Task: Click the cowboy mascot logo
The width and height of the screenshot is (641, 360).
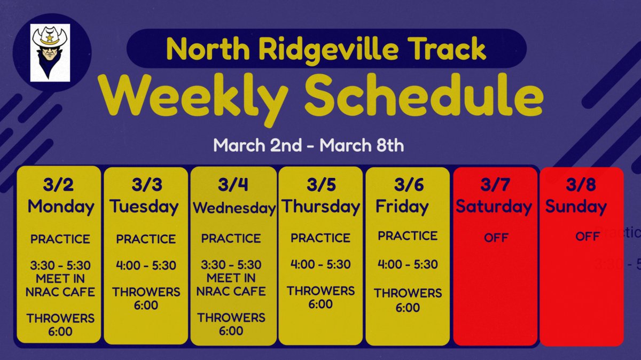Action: pos(50,53)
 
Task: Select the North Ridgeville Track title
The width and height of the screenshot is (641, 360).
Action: pos(326,49)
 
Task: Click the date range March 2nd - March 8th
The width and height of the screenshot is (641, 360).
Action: pos(308,145)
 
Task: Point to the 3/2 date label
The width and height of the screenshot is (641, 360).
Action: pos(59,185)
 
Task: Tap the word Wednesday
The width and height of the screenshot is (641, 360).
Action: pos(233,208)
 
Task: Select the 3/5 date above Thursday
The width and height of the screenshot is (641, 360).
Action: pos(321,185)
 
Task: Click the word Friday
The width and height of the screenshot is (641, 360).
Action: pos(402,206)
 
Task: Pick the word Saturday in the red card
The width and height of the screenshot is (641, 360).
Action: pos(494,206)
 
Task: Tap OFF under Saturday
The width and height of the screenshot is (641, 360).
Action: pos(496,238)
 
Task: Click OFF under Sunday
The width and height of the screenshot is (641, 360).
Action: pos(588,236)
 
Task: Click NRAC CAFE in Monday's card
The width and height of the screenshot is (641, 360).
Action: pos(60,292)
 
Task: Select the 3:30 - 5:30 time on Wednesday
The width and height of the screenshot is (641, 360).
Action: pos(231,265)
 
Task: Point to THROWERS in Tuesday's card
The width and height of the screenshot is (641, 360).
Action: pos(146,292)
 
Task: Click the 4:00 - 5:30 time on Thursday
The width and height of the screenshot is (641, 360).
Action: pos(320,264)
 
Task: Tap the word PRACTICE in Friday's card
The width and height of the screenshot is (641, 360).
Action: pos(408,236)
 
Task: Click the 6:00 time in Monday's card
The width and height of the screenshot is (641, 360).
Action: pos(60,331)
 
